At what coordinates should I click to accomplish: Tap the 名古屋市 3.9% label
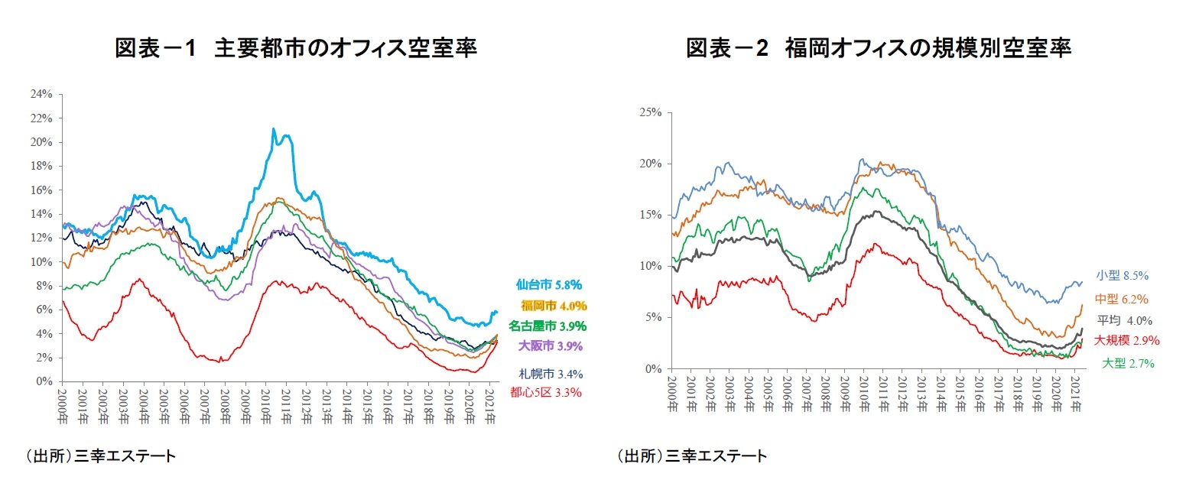tap(548, 326)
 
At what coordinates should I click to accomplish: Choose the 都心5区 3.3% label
tap(546, 393)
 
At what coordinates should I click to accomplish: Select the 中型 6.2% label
tap(1122, 299)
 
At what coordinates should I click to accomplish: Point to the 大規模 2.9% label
tap(1126, 340)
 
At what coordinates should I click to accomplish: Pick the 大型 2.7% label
tap(1128, 364)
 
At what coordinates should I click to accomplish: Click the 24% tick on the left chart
tap(42, 94)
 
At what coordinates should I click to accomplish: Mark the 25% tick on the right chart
tap(651, 112)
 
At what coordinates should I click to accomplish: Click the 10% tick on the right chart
tap(651, 266)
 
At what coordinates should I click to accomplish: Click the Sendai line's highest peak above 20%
tap(274, 129)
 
